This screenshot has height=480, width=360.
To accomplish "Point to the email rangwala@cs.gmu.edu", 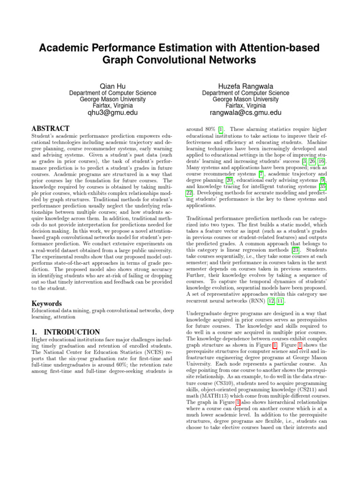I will tap(246, 112).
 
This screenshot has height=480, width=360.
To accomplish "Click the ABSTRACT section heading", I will tap(50, 128).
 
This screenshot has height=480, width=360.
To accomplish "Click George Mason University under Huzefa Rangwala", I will tap(246, 99).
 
